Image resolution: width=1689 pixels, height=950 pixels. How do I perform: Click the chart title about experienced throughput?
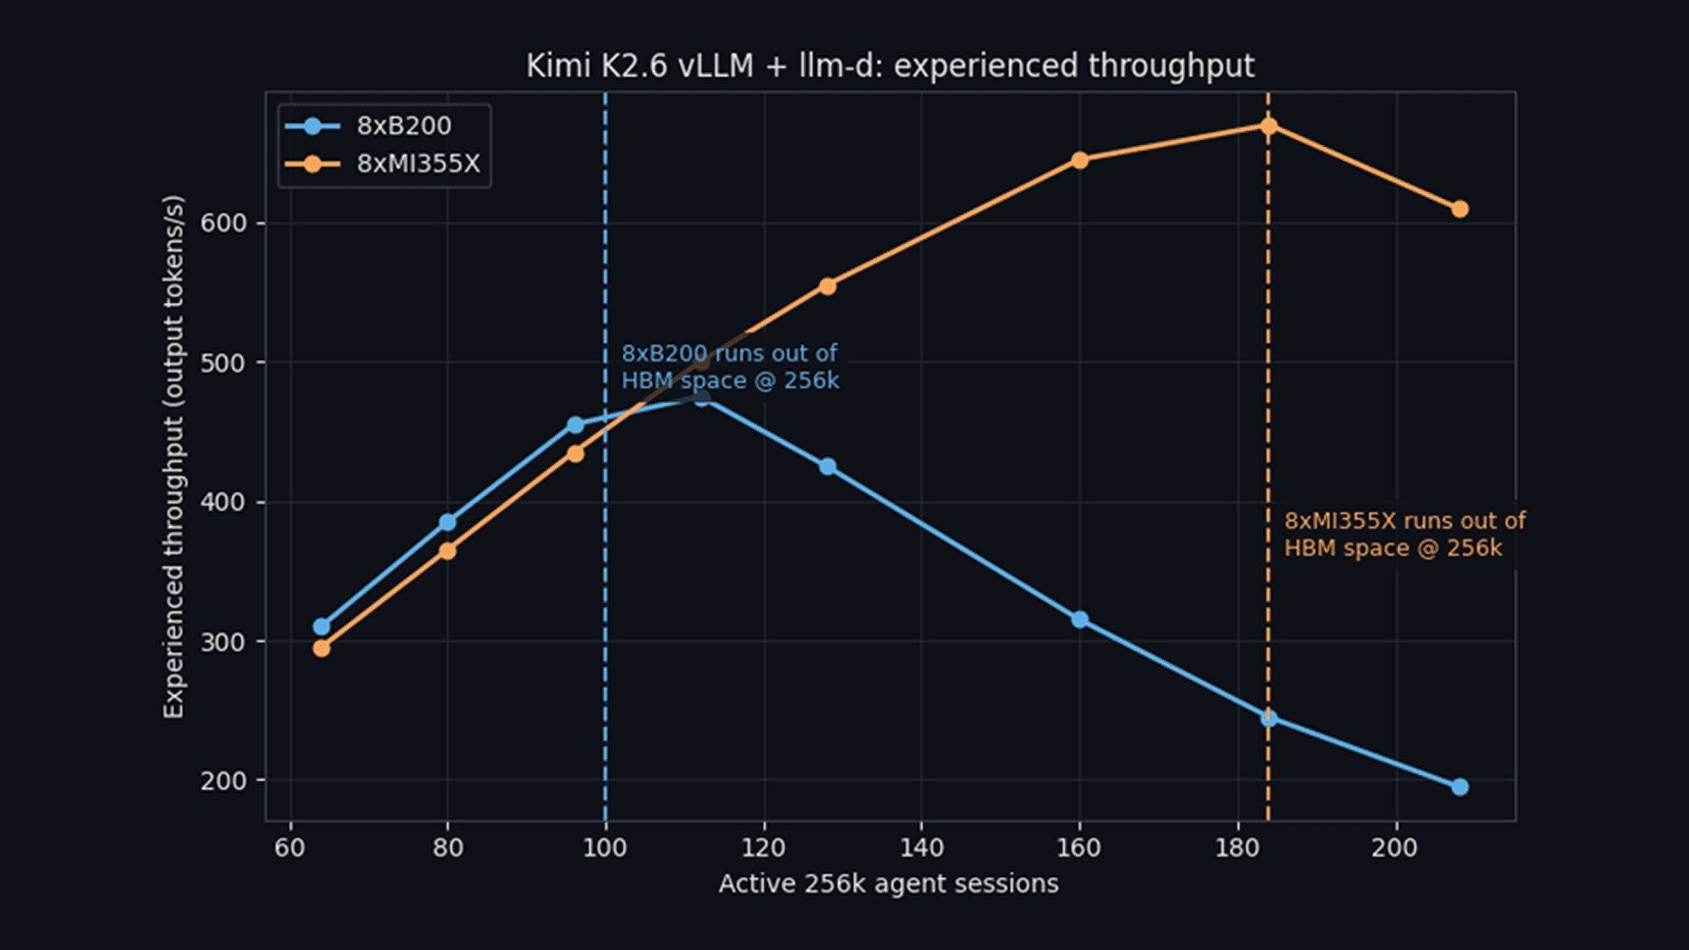[890, 66]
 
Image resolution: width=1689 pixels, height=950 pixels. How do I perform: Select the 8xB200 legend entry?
[369, 126]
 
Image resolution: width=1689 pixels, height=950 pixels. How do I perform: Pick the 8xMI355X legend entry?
[383, 164]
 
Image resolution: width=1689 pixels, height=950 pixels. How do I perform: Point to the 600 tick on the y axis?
[223, 223]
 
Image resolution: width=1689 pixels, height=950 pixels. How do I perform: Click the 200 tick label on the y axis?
[223, 781]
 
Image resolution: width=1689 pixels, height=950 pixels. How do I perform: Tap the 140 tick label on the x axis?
[921, 847]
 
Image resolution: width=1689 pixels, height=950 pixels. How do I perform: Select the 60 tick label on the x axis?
[290, 847]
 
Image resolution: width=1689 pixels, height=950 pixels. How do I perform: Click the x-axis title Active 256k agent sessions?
[888, 883]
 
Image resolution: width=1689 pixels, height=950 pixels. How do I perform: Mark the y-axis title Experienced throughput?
[174, 457]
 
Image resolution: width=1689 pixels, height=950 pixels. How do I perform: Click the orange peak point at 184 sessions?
[1269, 126]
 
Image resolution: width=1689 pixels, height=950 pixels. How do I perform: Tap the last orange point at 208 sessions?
[1459, 208]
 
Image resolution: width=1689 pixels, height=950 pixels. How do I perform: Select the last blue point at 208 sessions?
[1459, 786]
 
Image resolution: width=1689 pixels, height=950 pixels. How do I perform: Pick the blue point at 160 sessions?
[1079, 619]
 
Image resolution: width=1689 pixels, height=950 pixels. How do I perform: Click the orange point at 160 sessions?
[1079, 160]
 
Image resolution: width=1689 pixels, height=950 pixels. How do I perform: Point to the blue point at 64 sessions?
[321, 626]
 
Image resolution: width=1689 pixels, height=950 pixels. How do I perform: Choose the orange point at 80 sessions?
[447, 551]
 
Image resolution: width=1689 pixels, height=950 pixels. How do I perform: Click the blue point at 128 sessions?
[827, 466]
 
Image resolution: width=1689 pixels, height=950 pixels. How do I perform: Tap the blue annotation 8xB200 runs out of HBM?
[730, 367]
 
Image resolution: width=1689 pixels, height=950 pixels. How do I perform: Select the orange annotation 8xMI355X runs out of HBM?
[1404, 534]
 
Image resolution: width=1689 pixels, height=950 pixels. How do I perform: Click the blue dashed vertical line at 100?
[605, 457]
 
